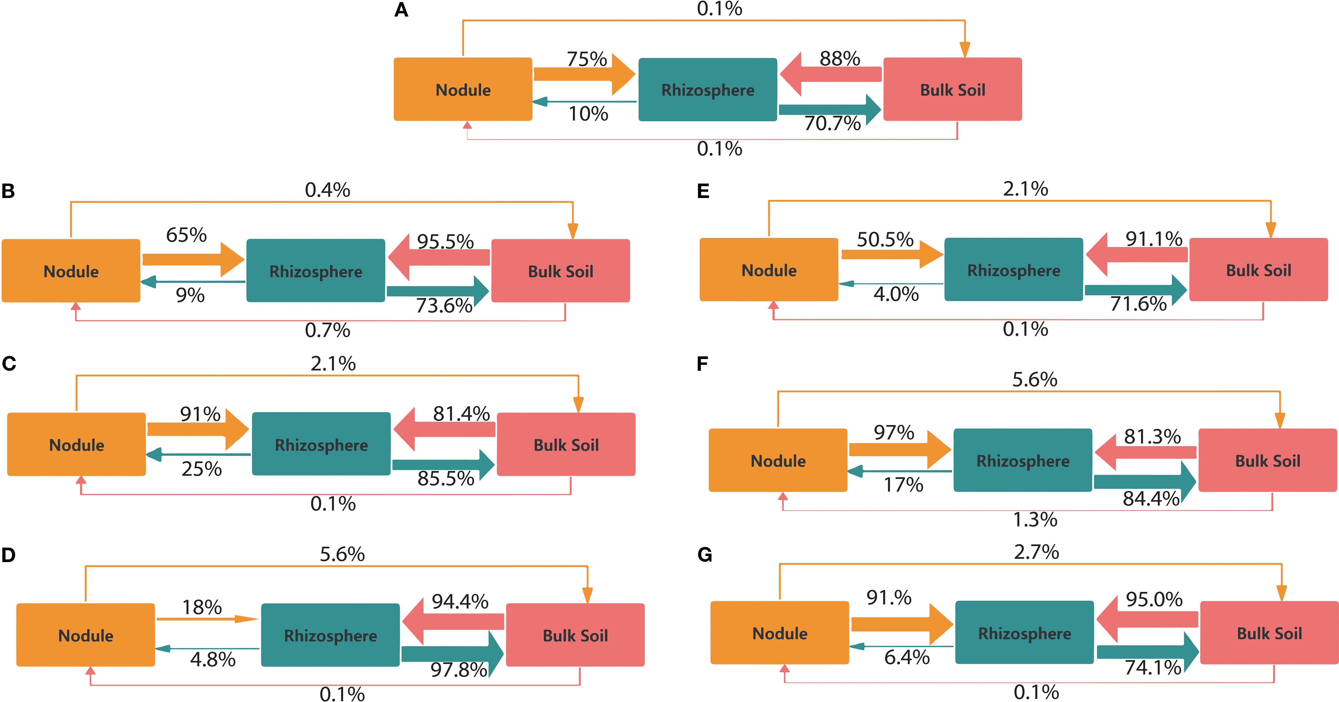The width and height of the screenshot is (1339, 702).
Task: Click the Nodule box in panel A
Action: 463,89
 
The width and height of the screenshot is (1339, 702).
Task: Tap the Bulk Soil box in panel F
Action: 1267,460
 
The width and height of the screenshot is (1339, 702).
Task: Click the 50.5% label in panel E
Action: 885,240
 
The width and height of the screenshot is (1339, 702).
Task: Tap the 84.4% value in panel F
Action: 1151,498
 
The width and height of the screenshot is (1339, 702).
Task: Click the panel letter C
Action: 9,363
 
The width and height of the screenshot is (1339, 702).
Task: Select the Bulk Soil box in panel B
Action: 560,271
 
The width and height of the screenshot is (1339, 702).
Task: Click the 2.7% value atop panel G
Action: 1036,552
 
